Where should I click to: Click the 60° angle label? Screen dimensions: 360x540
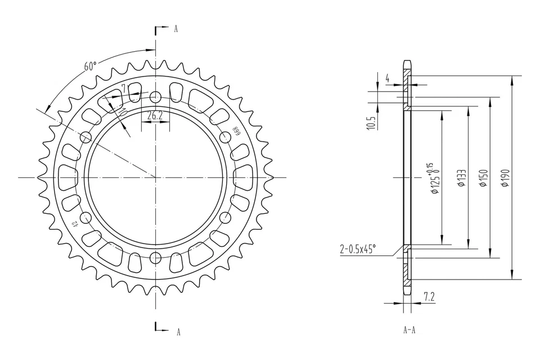coord(90,66)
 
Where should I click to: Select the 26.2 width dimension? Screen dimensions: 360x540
coord(155,116)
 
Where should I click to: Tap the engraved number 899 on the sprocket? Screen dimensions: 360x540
coord(237,132)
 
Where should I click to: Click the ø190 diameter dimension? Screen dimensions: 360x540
coord(505,177)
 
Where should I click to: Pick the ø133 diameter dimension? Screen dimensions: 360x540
coord(461,177)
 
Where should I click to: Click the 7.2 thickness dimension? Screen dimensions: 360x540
coord(429,296)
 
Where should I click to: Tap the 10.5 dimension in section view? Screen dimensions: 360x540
coord(370,123)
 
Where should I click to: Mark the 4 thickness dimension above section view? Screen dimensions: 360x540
coord(388,79)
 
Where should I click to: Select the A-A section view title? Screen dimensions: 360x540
coord(409,330)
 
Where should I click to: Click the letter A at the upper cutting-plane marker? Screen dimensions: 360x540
coord(175,29)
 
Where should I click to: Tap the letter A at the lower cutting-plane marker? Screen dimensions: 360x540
coord(178,332)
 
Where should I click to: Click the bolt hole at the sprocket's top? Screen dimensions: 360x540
coord(155,96)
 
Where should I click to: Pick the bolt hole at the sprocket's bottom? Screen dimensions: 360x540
coord(155,259)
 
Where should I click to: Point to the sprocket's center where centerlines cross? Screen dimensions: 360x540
coord(155,177)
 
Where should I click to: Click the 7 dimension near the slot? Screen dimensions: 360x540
coord(124,88)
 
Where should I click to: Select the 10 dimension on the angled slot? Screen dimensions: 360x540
coord(123,111)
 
